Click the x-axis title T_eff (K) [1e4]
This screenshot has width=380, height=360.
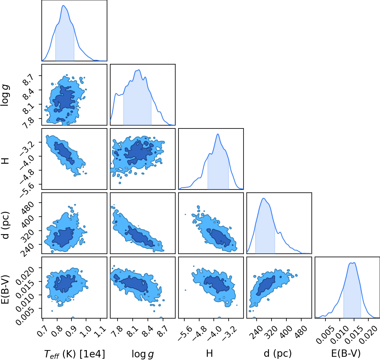pyautogui.click(x=75, y=354)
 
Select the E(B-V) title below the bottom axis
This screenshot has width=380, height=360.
pyautogui.click(x=346, y=353)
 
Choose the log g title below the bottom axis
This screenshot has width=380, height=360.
pyautogui.click(x=143, y=354)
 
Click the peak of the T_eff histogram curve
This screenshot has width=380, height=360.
pyautogui.click(x=63, y=5)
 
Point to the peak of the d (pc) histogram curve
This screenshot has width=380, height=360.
pyautogui.click(x=263, y=198)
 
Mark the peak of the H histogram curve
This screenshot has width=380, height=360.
pyautogui.click(x=218, y=134)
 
